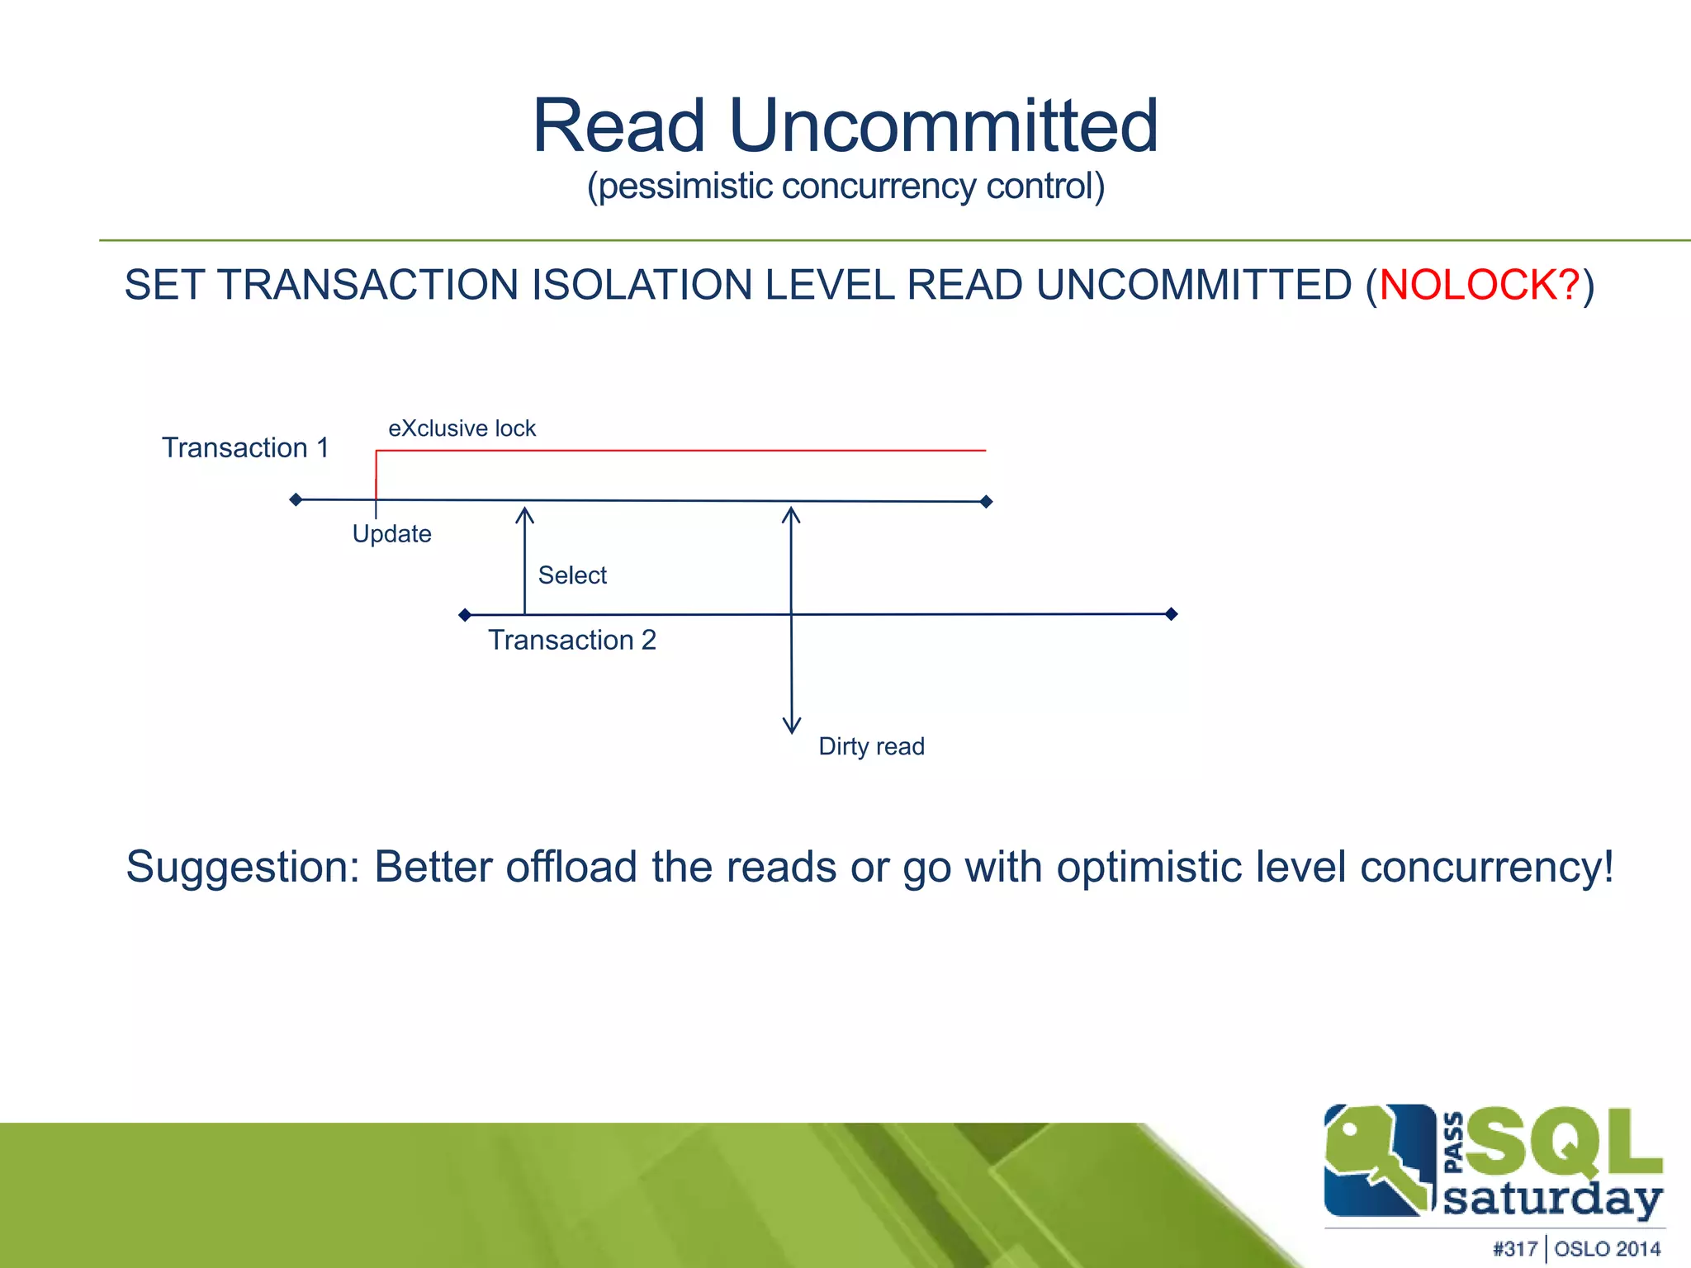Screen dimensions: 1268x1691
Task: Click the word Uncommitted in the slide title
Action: pos(944,125)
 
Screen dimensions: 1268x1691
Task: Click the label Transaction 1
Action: pos(245,447)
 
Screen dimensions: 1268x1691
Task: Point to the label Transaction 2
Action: pos(571,640)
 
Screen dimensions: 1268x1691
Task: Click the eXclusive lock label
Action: pos(462,428)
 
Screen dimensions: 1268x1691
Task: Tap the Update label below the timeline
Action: pos(391,534)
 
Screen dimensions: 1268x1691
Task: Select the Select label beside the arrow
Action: pos(572,575)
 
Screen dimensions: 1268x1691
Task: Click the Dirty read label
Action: pos(871,746)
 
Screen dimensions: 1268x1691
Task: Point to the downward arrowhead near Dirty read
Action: pos(792,726)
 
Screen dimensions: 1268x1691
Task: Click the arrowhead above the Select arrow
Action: pos(524,514)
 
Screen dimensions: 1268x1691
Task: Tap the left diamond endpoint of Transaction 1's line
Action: pos(296,499)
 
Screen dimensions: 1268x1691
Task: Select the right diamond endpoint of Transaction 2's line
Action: pos(1171,613)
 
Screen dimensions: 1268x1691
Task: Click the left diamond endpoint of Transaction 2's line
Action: pos(465,614)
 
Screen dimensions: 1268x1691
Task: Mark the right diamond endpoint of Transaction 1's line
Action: pos(986,501)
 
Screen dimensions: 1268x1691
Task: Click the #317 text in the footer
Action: pos(1514,1249)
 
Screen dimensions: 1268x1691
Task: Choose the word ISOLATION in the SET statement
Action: pos(641,285)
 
